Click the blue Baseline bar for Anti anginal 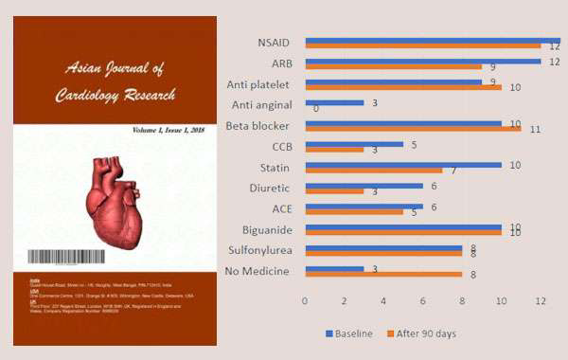tap(333, 102)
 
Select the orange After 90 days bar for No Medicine tap(382, 275)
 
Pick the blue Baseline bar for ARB tap(422, 62)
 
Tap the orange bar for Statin tap(373, 171)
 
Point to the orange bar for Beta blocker tap(413, 128)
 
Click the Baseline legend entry tap(349, 333)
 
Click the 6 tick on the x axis tap(423, 301)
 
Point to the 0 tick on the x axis tap(304, 301)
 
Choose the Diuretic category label tap(270, 188)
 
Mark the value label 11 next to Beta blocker tap(536, 130)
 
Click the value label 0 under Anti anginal tap(315, 109)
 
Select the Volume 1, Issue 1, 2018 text tap(169, 128)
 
